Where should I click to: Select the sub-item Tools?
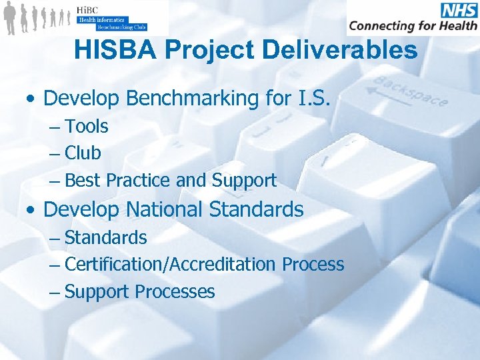point(87,126)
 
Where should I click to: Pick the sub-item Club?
point(83,153)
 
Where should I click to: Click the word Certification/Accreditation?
point(171,264)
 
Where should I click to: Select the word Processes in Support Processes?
point(175,291)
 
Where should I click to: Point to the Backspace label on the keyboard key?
point(410,91)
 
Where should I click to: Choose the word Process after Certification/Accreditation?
point(313,264)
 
